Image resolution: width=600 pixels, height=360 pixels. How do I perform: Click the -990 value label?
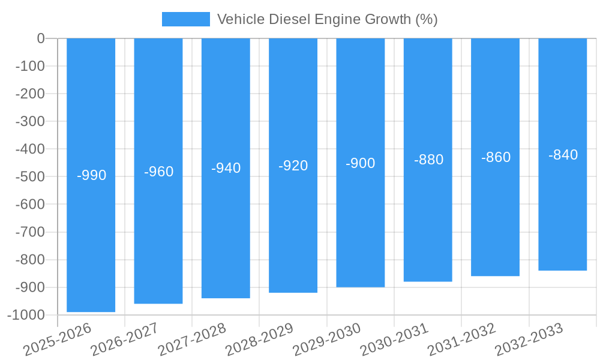click(x=92, y=176)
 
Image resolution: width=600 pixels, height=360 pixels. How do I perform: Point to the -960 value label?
click(x=159, y=172)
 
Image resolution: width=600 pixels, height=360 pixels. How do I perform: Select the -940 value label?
click(x=226, y=169)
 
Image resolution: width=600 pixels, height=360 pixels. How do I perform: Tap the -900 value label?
click(x=361, y=163)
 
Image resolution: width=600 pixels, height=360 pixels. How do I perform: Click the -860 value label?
click(x=496, y=158)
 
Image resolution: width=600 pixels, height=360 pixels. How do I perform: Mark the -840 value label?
click(x=563, y=155)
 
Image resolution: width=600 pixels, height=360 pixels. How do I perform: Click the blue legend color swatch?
click(x=186, y=19)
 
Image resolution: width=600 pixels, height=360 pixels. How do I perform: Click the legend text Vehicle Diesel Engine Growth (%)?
click(x=327, y=19)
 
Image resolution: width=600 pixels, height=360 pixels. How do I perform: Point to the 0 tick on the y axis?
click(x=41, y=38)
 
